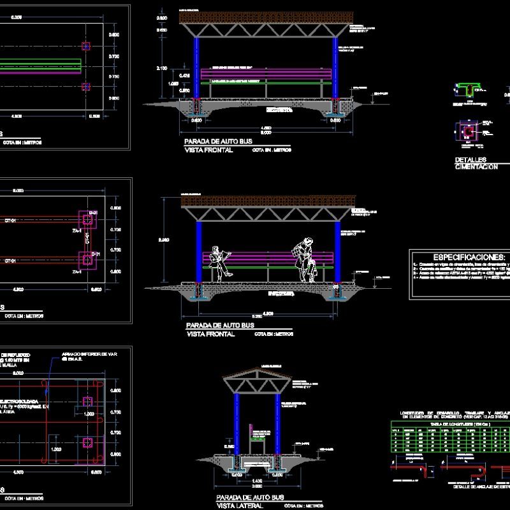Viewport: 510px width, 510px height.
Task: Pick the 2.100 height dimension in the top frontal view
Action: [x=163, y=68]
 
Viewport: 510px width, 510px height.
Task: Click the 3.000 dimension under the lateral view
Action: [x=255, y=485]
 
